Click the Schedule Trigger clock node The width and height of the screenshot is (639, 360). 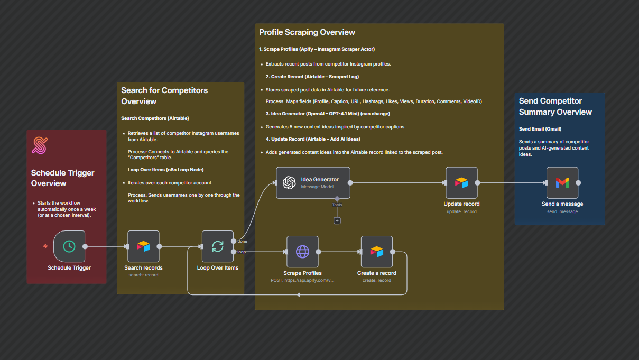[x=69, y=246]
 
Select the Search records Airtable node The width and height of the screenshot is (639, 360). [x=143, y=246]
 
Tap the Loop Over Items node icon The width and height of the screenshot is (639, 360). [x=217, y=246]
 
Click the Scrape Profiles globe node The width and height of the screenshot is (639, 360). [x=302, y=252]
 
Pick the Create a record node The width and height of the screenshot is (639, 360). [x=376, y=252]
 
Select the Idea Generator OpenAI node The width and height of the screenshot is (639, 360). [x=313, y=182]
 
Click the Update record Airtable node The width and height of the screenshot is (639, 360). [x=461, y=183]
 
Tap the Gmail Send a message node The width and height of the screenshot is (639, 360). [x=562, y=183]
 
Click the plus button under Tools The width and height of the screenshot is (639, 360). [x=337, y=220]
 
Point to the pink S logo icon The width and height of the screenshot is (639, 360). [x=40, y=146]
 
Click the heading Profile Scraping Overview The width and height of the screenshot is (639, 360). [x=307, y=32]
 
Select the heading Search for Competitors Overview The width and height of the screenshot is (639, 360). [x=164, y=96]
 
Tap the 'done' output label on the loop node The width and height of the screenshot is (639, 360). [x=243, y=242]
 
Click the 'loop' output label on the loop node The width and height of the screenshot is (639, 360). [x=242, y=252]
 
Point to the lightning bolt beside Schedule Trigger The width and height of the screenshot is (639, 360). [x=45, y=246]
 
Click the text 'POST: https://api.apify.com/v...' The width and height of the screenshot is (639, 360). [x=302, y=280]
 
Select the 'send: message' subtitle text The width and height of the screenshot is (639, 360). [x=562, y=211]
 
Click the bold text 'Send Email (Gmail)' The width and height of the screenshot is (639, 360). [x=540, y=128]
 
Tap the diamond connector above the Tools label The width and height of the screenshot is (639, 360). [x=337, y=198]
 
